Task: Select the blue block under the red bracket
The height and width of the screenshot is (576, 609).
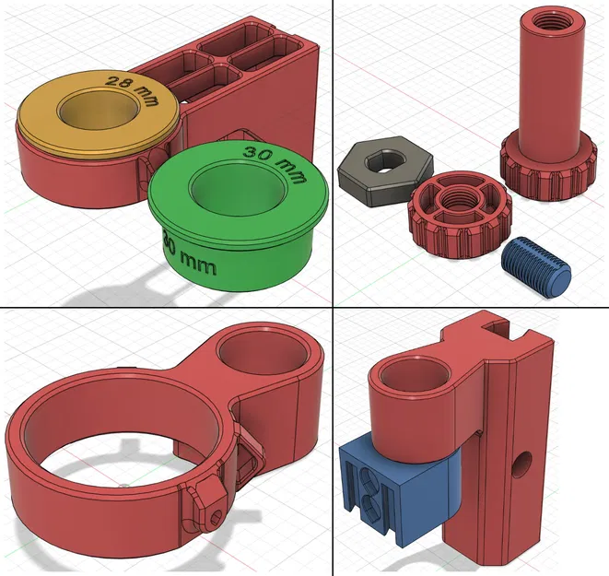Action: pyautogui.click(x=396, y=488)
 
